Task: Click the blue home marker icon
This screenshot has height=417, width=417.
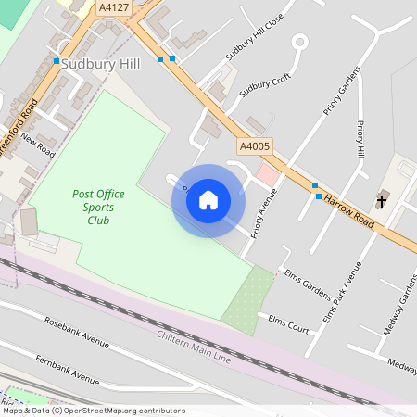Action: [x=208, y=200]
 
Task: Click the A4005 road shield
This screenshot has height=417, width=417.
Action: [x=255, y=146]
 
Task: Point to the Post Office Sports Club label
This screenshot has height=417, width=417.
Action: [x=92, y=208]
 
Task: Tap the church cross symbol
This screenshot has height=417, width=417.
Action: [x=382, y=200]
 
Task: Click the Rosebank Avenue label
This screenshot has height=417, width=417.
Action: [x=77, y=331]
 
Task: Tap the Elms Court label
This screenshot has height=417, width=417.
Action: [x=288, y=322]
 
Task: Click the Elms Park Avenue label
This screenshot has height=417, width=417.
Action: [x=342, y=290]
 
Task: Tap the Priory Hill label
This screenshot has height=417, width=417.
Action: [x=361, y=139]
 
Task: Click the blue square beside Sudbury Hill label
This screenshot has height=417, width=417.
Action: [x=57, y=62]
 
